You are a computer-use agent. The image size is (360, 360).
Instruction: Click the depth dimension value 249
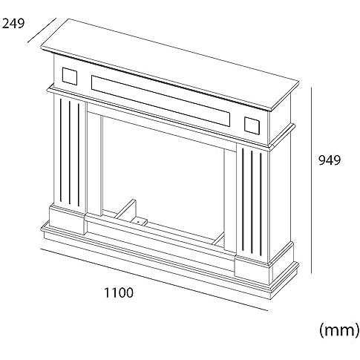click(x=13, y=24)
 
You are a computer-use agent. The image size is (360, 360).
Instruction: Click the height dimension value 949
click(x=330, y=160)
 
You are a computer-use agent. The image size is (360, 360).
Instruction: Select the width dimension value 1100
click(x=119, y=292)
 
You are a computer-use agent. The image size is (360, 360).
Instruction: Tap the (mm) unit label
click(x=339, y=330)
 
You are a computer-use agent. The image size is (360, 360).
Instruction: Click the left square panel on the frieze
click(x=70, y=76)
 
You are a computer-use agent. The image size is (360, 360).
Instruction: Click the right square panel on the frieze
click(x=252, y=125)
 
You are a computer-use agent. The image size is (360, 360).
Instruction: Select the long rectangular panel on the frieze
click(x=160, y=100)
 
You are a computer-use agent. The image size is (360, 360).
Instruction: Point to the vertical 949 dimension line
click(x=311, y=180)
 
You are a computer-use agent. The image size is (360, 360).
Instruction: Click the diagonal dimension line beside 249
click(x=42, y=30)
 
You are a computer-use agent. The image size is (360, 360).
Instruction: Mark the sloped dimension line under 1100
click(x=154, y=279)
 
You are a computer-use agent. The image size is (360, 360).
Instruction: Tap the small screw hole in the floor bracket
click(x=138, y=222)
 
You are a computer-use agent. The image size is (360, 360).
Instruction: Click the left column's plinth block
click(x=68, y=218)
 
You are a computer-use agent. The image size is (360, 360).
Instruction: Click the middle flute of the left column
click(x=70, y=152)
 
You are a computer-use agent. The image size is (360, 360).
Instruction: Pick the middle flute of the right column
click(x=252, y=201)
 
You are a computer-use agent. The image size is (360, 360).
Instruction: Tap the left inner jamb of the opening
click(x=94, y=164)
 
